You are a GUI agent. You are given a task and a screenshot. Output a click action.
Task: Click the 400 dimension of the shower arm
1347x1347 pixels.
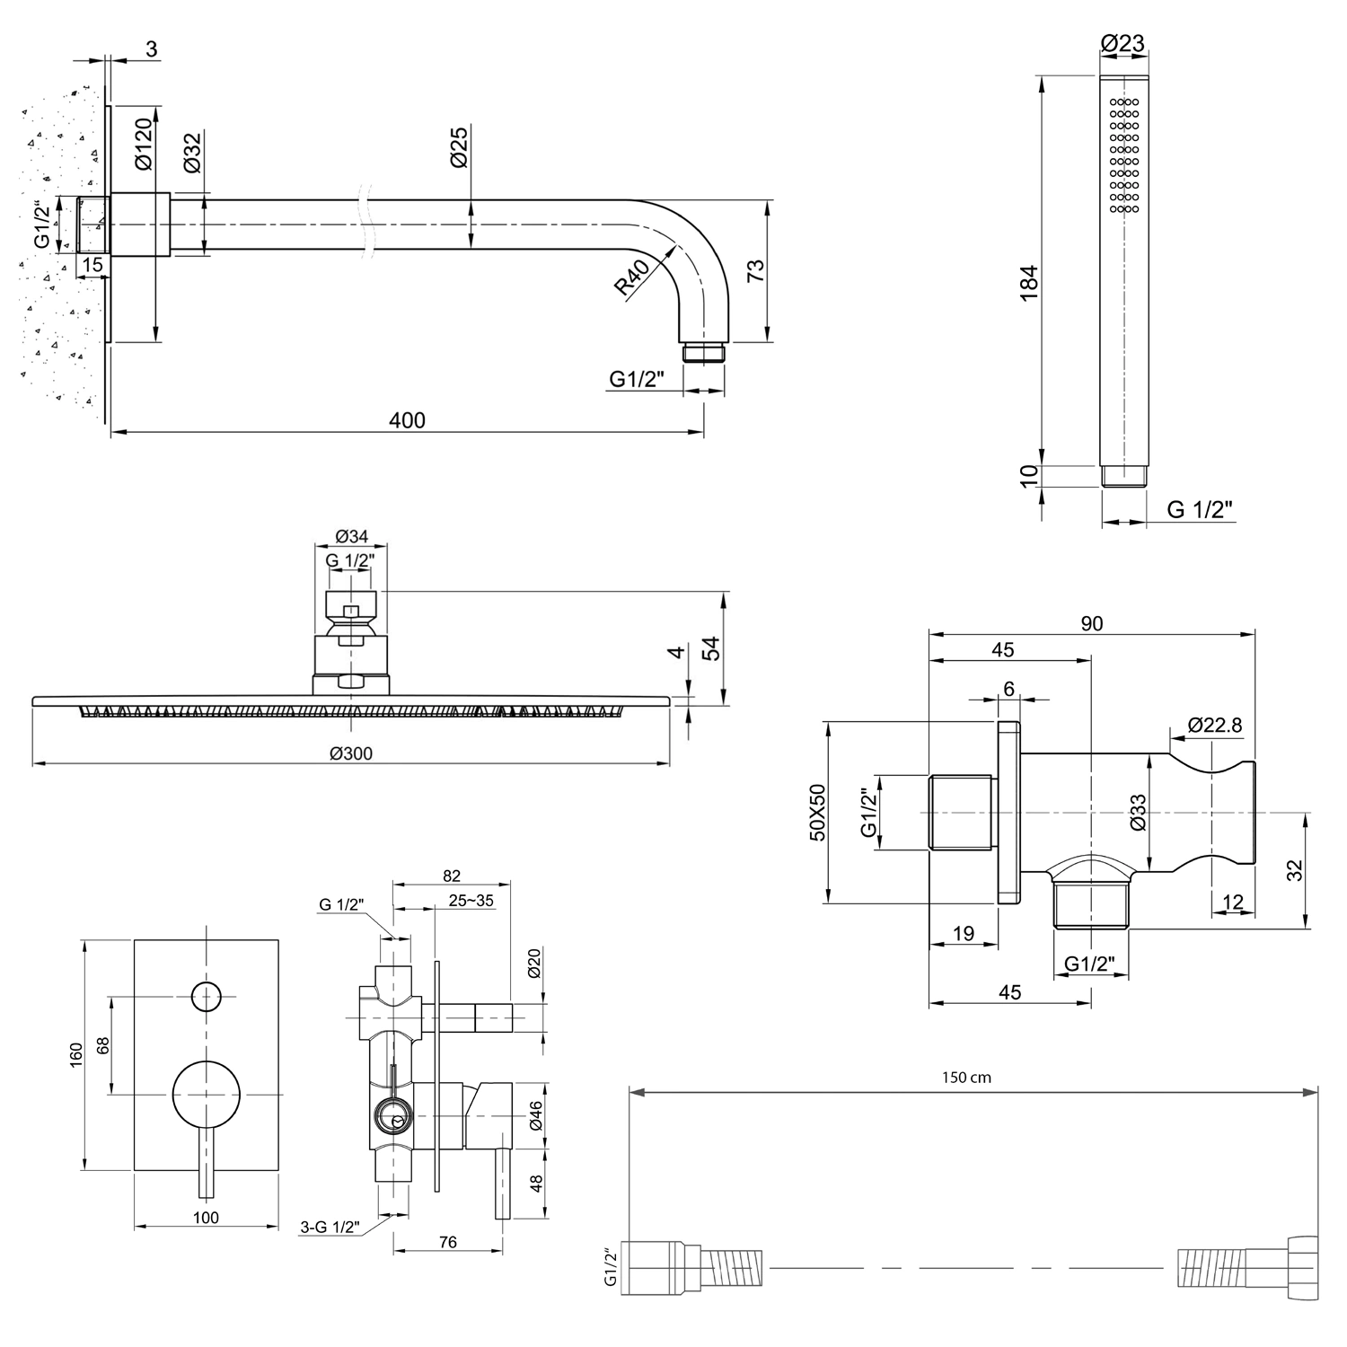pyautogui.click(x=408, y=420)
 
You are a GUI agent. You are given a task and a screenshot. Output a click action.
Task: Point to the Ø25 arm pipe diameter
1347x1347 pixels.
pyautogui.click(x=458, y=146)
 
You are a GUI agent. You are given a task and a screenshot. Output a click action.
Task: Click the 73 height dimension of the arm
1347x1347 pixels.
pyautogui.click(x=755, y=270)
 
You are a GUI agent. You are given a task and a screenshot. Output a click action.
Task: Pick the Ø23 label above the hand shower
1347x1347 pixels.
pyautogui.click(x=1123, y=42)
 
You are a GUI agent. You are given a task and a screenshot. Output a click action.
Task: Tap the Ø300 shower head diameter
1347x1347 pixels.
pyautogui.click(x=350, y=754)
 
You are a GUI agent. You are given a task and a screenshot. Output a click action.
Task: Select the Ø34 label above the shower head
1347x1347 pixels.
pyautogui.click(x=351, y=537)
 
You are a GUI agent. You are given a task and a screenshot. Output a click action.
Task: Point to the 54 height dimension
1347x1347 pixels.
pyautogui.click(x=710, y=648)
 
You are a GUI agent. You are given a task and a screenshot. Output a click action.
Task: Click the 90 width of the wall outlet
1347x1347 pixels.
pyautogui.click(x=1092, y=623)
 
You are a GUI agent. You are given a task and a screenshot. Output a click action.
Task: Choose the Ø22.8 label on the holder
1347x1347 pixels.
pyautogui.click(x=1214, y=725)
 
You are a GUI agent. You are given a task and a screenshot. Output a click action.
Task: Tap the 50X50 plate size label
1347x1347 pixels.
pyautogui.click(x=817, y=812)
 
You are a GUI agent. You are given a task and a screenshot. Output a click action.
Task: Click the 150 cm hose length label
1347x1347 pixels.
pyautogui.click(x=966, y=1078)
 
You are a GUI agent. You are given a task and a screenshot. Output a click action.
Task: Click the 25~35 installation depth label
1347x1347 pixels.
pyautogui.click(x=472, y=901)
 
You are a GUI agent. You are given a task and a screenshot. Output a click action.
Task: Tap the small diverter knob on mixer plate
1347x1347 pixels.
pyautogui.click(x=207, y=997)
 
